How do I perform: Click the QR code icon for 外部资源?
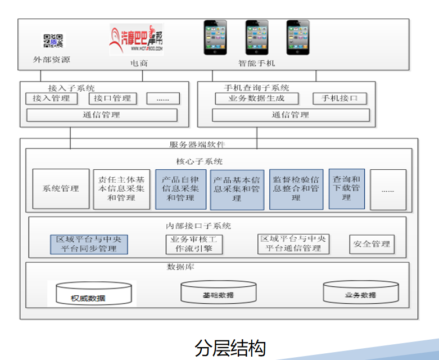click(x=53, y=40)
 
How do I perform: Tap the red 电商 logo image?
click(x=136, y=39)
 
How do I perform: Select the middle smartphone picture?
click(x=256, y=37)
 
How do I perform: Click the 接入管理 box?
click(x=51, y=98)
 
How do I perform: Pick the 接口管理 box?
click(x=112, y=98)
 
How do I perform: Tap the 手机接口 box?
click(x=340, y=98)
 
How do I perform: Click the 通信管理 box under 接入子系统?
click(x=102, y=115)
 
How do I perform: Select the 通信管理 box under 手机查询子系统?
click(x=291, y=115)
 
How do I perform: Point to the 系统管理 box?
click(x=61, y=189)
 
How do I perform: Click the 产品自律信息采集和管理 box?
click(x=180, y=189)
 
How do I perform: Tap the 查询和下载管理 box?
click(x=346, y=189)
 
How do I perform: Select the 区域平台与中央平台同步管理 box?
click(x=89, y=244)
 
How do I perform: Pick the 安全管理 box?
click(x=372, y=244)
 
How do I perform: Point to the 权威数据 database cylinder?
click(x=92, y=294)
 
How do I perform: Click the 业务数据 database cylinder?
click(x=360, y=292)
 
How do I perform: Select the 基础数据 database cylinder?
click(x=218, y=292)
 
